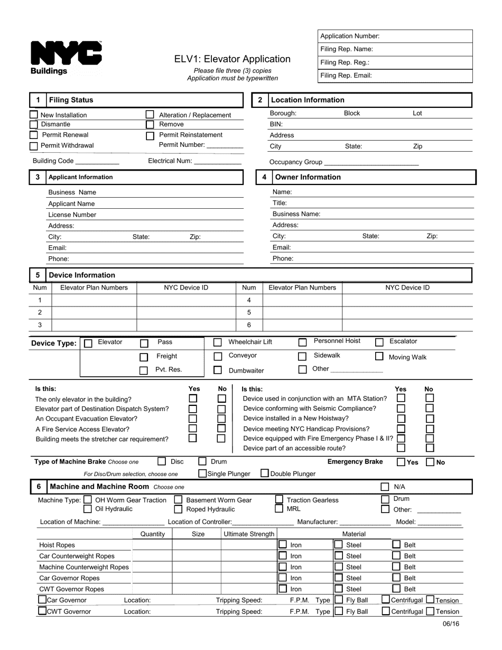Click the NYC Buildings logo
click(x=66, y=58)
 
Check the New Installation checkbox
click(x=34, y=115)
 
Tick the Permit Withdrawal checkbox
click(x=34, y=146)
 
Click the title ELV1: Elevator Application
click(x=233, y=59)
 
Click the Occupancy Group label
click(x=296, y=162)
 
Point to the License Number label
click(x=72, y=215)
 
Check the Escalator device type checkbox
click(x=379, y=342)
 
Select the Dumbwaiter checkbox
click(x=218, y=370)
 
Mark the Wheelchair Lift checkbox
click(x=218, y=342)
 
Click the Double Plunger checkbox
click(x=265, y=473)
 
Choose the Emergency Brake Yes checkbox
click(x=402, y=462)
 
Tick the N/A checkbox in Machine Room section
click(x=385, y=487)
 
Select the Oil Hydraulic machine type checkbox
click(x=88, y=509)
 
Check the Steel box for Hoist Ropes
click(x=339, y=545)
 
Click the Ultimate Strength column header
click(x=249, y=534)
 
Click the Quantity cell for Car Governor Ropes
click(x=153, y=578)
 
